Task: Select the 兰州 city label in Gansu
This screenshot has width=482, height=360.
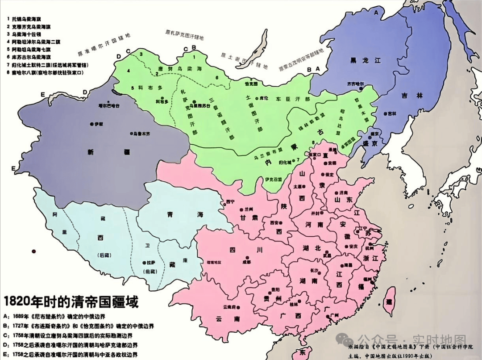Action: (248, 209)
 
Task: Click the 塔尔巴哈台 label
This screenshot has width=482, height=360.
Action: (110, 106)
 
